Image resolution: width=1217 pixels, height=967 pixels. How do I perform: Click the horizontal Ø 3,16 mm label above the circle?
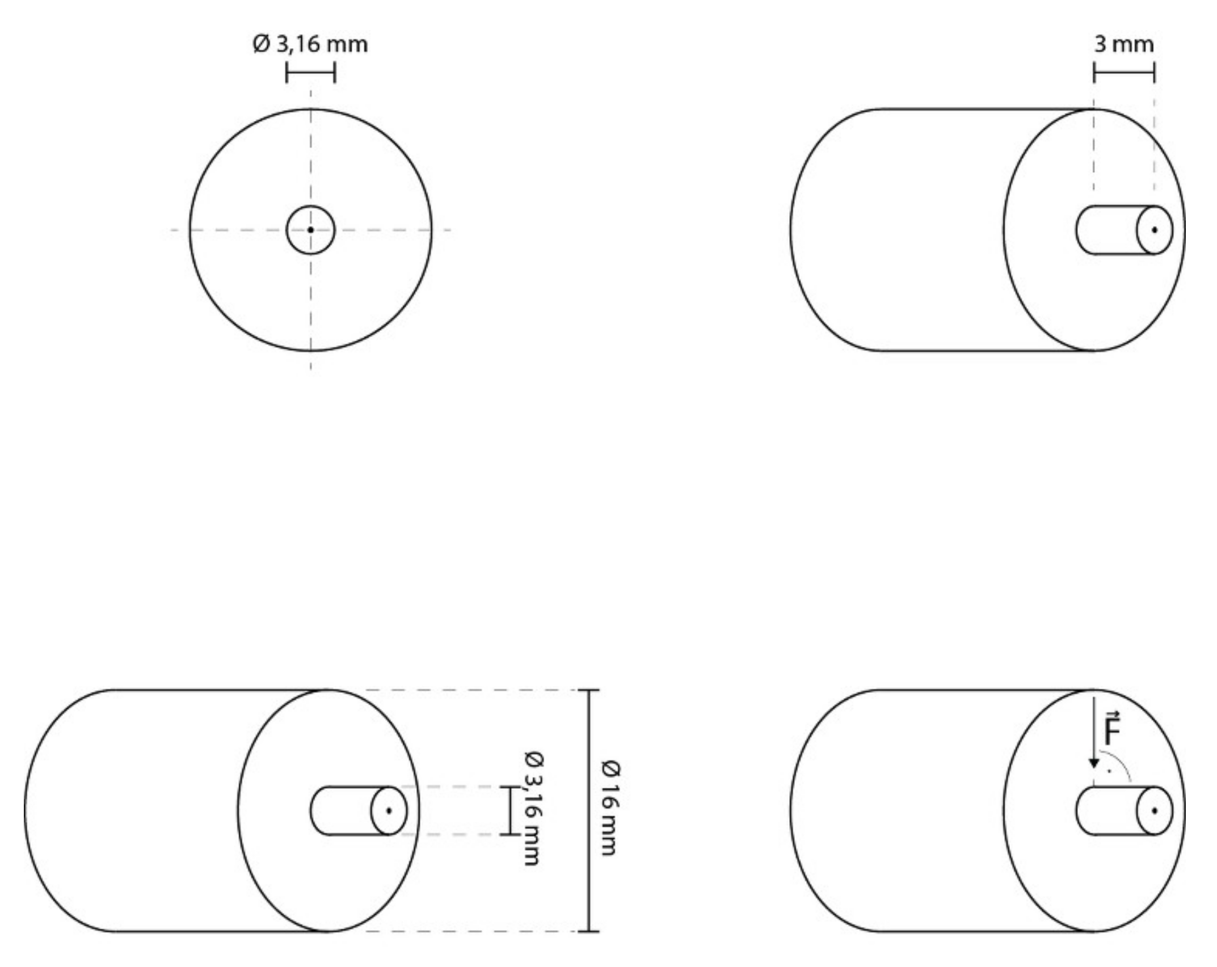(310, 44)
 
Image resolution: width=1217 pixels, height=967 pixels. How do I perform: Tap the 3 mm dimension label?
(1124, 44)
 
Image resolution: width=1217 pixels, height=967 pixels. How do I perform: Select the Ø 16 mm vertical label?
(610, 808)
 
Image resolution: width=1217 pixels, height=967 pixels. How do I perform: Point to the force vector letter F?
(1113, 731)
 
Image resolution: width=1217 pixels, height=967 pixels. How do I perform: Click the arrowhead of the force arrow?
(1094, 764)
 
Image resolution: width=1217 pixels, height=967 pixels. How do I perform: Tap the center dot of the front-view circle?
(310, 230)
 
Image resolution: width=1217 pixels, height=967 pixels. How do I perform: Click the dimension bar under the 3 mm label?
(1124, 73)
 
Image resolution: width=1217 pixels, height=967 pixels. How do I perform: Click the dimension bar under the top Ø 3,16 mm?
(310, 73)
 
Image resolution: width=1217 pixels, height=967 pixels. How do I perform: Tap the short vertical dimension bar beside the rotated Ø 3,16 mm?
(510, 810)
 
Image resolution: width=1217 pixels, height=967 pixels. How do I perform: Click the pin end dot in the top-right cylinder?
(1155, 230)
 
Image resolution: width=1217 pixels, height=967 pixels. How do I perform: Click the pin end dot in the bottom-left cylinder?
(389, 811)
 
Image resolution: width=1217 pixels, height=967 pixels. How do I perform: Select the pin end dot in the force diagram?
(1155, 811)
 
